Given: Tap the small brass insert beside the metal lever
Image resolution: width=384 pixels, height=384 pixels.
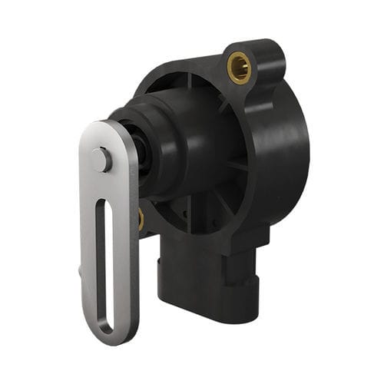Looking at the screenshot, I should pyautogui.click(x=141, y=220).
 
